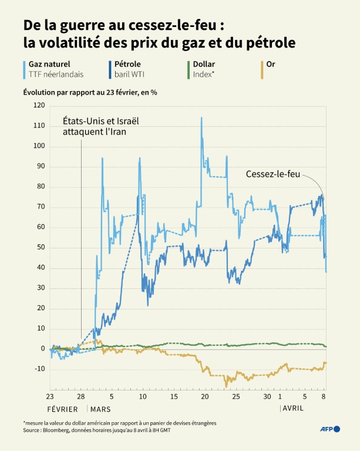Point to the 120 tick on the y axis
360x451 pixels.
pyautogui.click(x=39, y=105)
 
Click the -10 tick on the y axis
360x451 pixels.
pyautogui.click(x=39, y=369)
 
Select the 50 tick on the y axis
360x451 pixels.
pyautogui.click(x=40, y=247)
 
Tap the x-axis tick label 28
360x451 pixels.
pyautogui.click(x=82, y=397)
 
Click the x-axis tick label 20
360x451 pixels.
pyautogui.click(x=204, y=397)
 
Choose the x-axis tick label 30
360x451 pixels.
pyautogui.click(x=267, y=397)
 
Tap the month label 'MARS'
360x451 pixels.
pyautogui.click(x=102, y=408)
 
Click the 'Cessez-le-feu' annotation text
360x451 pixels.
pyautogui.click(x=272, y=174)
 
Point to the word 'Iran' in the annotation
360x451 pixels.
pyautogui.click(x=117, y=132)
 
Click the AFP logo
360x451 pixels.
pyautogui.click(x=329, y=429)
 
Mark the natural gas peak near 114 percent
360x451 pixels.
pyautogui.click(x=201, y=118)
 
